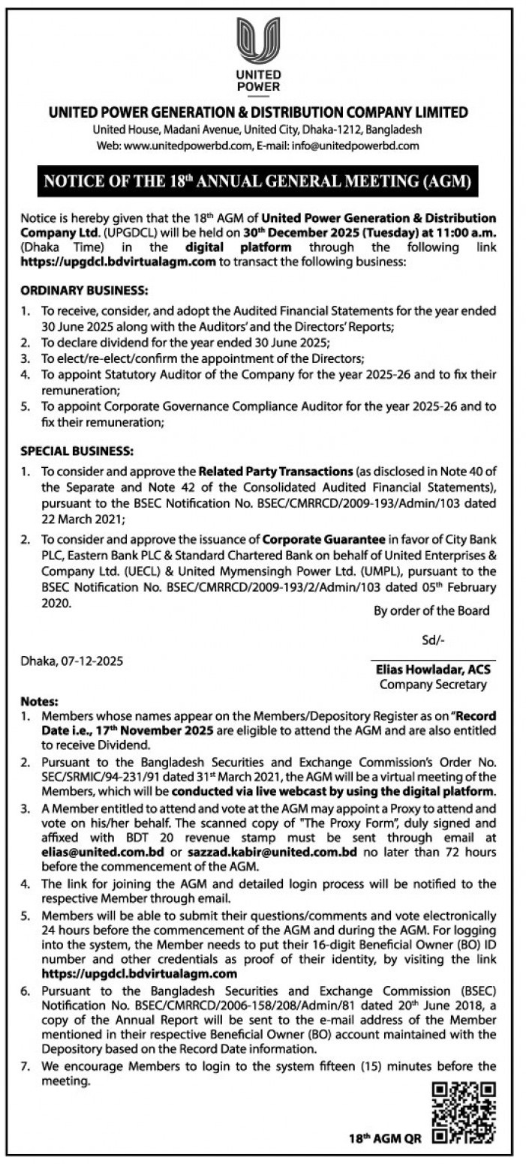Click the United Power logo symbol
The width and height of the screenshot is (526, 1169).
pos(258,42)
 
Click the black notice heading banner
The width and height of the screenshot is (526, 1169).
pos(258,181)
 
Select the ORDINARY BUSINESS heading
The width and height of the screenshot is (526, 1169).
pos(84,289)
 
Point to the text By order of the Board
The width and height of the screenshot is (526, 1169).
pos(431,610)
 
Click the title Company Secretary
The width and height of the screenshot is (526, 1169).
pos(433,684)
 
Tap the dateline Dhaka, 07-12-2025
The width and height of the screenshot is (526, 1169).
pos(72,661)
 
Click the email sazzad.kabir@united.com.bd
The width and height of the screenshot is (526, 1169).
pos(251,853)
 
